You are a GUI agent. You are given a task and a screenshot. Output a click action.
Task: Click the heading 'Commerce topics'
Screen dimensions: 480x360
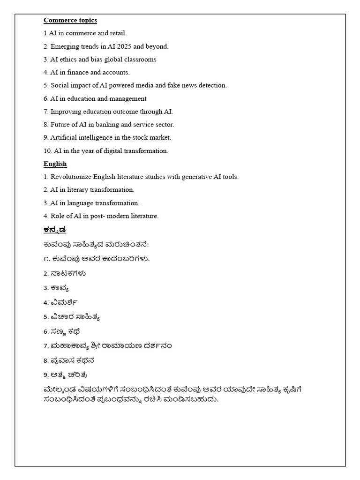pos(70,20)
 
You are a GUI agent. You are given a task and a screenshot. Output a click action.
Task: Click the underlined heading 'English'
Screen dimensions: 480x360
pos(55,164)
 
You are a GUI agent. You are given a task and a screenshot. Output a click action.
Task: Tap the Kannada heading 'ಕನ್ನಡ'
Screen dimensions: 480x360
pos(55,230)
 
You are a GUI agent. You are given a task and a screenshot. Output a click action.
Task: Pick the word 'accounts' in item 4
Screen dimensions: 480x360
pos(115,73)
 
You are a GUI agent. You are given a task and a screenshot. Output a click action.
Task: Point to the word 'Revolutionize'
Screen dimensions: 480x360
pos(71,177)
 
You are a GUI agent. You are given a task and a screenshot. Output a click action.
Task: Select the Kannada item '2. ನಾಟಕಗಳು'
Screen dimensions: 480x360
pos(65,273)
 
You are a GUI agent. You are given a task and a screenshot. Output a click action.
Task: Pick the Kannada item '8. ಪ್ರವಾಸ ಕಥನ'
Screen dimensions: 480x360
pos(69,360)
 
